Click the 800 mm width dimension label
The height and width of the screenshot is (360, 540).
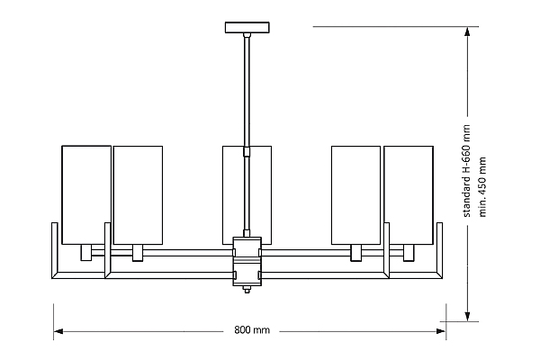(252, 330)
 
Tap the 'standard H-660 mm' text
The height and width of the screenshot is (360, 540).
(466, 171)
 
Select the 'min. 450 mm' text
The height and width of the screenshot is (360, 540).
(482, 187)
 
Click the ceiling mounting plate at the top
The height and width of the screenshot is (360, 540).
(247, 28)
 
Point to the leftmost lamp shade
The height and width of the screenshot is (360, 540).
(86, 195)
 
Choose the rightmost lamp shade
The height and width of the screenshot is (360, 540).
(409, 195)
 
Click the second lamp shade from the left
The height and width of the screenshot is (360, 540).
(138, 195)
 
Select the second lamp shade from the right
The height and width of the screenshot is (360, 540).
(356, 195)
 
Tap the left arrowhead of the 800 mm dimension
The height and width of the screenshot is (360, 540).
(58, 331)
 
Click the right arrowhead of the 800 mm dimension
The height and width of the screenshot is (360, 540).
(441, 331)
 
